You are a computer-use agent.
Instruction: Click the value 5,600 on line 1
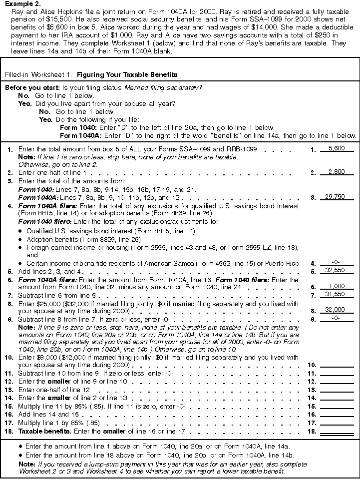337,148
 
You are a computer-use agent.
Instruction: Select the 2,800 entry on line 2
337,172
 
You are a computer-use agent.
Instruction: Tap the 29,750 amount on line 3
336,197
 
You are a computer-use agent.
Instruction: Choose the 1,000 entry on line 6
337,287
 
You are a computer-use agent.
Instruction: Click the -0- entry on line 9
337,318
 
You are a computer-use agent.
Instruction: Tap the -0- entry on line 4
337,263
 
